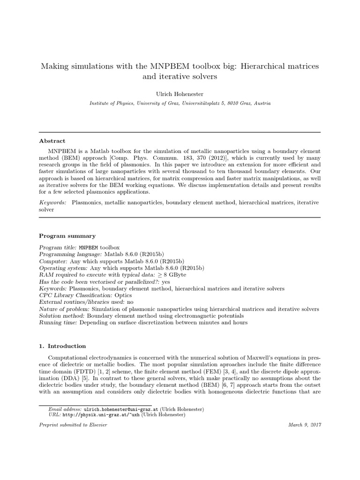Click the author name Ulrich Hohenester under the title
[x=180, y=94]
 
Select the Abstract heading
[x=52, y=141]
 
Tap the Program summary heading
[x=67, y=236]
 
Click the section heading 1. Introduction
[x=62, y=346]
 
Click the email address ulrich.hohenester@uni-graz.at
[x=143, y=409]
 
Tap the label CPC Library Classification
[x=76, y=296]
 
